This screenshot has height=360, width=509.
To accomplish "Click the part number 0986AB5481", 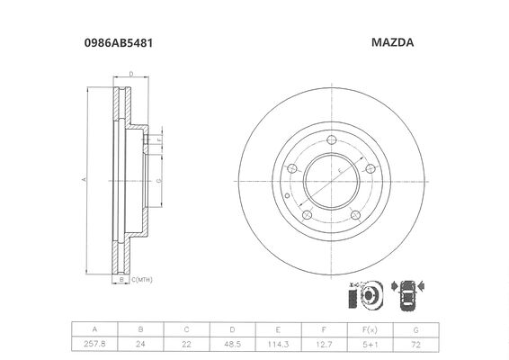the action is (119, 43).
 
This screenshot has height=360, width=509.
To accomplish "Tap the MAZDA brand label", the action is (392, 42).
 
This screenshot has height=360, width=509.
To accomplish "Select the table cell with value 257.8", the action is (94, 344).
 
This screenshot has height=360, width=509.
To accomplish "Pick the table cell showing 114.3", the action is (278, 344).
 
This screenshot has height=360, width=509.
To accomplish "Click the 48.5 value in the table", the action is (232, 344).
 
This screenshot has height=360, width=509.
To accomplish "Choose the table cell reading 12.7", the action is (325, 344).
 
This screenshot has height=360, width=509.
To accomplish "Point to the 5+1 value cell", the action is (371, 344).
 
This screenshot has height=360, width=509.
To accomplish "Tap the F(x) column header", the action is (371, 329).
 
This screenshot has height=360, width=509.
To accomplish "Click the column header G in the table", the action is (415, 329).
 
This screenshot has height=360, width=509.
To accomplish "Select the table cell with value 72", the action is (415, 344).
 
